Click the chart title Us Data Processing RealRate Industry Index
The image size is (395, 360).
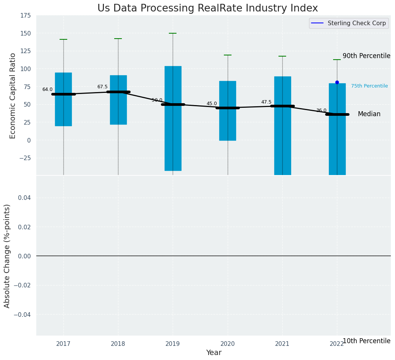click(207, 8)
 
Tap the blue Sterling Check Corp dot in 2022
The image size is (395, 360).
click(337, 82)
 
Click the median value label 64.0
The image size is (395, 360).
click(47, 89)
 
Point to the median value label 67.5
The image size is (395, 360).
click(102, 87)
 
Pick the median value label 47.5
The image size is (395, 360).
click(266, 102)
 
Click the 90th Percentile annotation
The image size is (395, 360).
click(366, 56)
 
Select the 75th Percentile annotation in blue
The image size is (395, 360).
click(369, 86)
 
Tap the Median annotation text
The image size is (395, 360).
click(369, 114)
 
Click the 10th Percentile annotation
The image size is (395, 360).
click(366, 341)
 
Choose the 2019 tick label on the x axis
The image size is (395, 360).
click(173, 344)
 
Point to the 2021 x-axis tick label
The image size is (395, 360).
click(282, 344)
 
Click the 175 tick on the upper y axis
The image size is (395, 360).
click(26, 16)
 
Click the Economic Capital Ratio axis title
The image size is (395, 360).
click(13, 96)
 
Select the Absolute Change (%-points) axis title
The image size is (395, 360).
click(7, 256)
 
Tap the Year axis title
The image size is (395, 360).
click(214, 353)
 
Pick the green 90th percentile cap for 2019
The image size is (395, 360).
click(173, 33)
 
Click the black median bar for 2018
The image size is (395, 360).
click(118, 92)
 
